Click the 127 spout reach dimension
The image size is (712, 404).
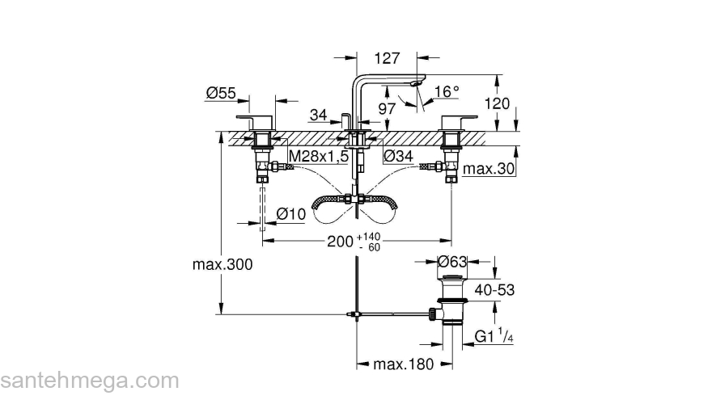[388, 57]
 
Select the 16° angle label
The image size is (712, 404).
[447, 92]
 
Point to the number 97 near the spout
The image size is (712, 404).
[387, 108]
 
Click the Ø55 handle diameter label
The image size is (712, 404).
[220, 94]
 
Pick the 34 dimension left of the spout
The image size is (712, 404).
[318, 116]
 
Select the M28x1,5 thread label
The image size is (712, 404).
[319, 156]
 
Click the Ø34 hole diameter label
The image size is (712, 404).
[400, 156]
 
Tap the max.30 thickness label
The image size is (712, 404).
[489, 169]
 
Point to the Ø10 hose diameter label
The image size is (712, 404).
[291, 213]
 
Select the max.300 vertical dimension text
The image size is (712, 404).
[223, 265]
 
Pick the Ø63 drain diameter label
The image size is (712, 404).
[453, 261]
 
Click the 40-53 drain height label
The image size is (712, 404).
[495, 289]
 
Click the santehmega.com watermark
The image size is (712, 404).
[89, 381]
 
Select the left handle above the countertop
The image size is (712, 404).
[261, 124]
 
